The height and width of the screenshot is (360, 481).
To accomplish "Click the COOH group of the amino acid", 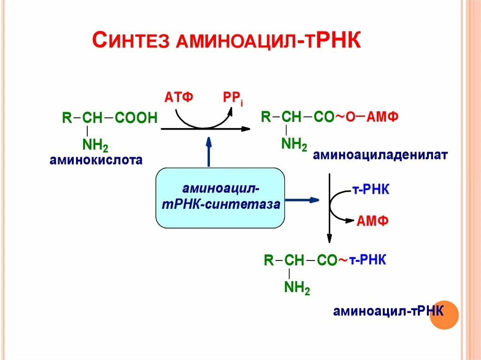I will [136, 118].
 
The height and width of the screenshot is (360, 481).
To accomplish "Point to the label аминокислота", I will [96, 161].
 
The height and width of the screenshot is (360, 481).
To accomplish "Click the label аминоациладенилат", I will [381, 155].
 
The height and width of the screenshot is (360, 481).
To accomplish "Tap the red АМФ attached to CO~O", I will [382, 117].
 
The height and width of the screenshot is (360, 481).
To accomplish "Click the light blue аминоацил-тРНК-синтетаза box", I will [220, 198].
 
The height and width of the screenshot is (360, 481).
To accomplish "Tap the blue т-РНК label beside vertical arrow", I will [371, 190].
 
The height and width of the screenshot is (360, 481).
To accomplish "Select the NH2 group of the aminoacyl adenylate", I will [294, 144].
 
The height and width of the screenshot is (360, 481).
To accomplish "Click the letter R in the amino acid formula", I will [67, 118].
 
